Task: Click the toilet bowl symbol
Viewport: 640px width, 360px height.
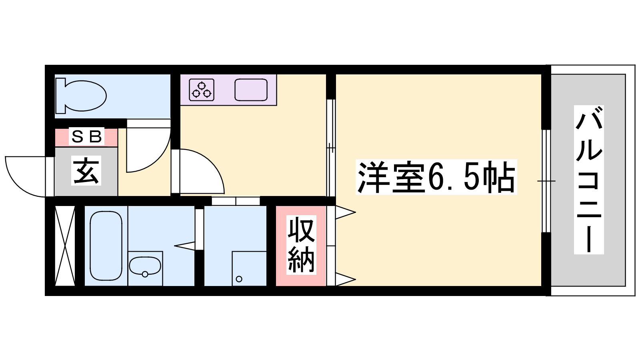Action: (x=86, y=96)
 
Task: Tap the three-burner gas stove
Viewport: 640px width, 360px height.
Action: (x=202, y=90)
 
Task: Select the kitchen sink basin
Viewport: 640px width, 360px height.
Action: (x=251, y=90)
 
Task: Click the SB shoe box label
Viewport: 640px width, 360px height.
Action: (x=86, y=136)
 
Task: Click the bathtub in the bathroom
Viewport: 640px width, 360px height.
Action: (x=106, y=246)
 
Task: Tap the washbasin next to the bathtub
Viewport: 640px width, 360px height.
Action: (x=145, y=266)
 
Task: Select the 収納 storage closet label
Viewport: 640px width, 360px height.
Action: (x=301, y=245)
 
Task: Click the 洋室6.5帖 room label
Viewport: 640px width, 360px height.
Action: (x=436, y=177)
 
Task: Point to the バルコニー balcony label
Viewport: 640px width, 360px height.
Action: (x=588, y=180)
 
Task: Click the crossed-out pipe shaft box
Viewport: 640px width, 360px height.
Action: (x=65, y=246)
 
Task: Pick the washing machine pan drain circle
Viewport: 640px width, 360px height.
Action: (x=239, y=279)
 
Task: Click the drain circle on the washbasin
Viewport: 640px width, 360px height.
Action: (x=145, y=274)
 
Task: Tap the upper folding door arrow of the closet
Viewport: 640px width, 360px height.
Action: (x=345, y=212)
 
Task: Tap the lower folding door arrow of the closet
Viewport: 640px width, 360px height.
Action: (x=345, y=279)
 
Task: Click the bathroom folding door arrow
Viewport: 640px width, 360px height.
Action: (x=184, y=246)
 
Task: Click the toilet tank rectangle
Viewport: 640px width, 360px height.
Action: (x=60, y=96)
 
